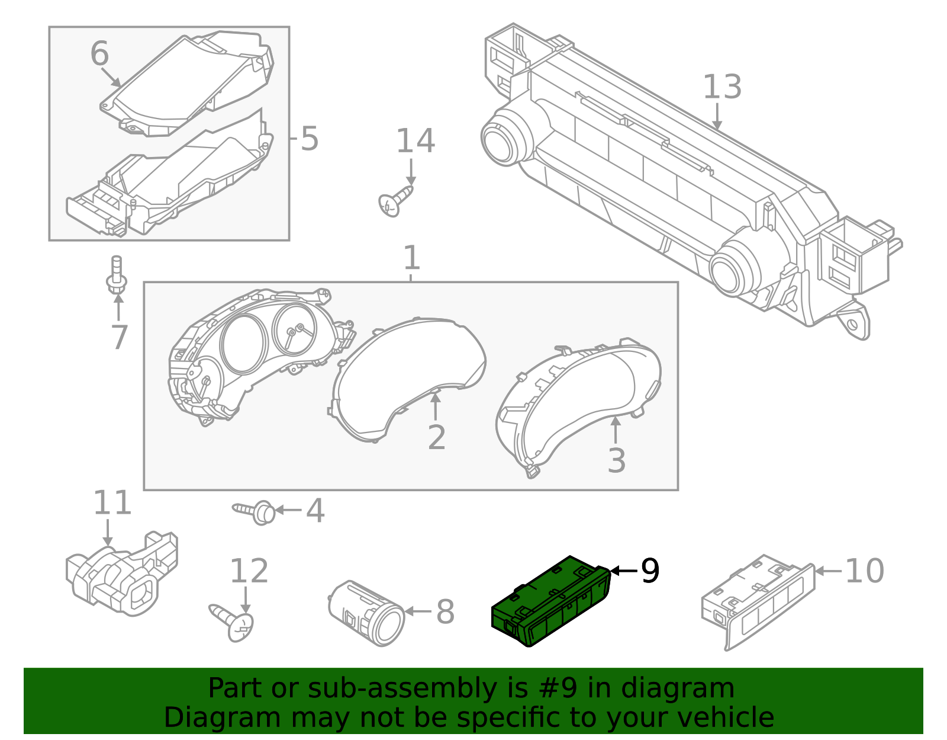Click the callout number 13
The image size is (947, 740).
721,87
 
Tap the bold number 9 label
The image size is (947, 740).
649,571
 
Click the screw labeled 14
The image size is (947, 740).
395,201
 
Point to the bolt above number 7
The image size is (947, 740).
117,274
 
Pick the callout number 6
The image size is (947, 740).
99,54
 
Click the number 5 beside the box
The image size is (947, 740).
309,139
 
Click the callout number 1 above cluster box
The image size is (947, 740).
411,258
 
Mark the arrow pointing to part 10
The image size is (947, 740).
828,571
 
